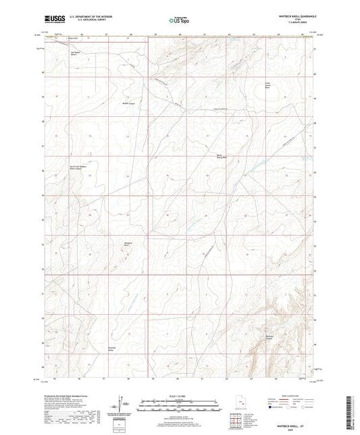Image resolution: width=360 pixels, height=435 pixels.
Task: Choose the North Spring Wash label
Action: coord(220,156)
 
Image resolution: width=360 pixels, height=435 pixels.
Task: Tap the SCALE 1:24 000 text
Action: coord(180,395)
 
